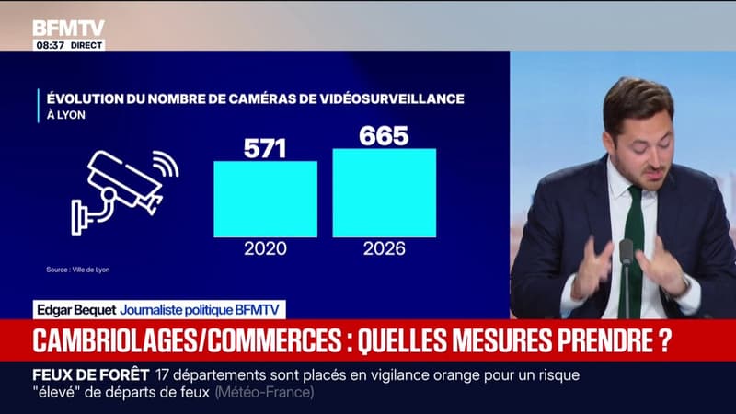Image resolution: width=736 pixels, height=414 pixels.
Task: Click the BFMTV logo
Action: (x=68, y=29)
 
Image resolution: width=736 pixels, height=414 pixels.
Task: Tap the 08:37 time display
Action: (x=51, y=45)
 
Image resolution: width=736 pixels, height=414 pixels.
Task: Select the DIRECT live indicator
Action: (x=86, y=45)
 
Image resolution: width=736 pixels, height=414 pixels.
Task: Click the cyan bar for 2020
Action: (x=265, y=199)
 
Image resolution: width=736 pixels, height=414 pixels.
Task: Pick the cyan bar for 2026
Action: (x=385, y=193)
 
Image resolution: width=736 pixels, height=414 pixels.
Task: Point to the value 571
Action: (x=265, y=149)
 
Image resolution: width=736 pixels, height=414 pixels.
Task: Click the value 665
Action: (x=384, y=136)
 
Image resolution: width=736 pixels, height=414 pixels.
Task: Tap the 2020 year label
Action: (x=265, y=248)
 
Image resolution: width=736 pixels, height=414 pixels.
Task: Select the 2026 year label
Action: (x=384, y=248)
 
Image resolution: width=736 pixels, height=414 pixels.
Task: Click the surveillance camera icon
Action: (x=123, y=190)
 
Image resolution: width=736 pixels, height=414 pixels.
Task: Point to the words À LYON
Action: (x=66, y=115)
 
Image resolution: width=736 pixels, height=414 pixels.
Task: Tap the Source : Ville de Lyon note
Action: (x=78, y=270)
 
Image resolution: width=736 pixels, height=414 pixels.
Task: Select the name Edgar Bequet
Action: (x=76, y=310)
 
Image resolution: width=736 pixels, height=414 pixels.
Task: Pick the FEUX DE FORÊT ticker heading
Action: (x=90, y=375)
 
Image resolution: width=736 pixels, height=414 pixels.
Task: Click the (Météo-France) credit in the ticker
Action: (x=265, y=393)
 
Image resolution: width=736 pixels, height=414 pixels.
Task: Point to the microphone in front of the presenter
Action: (x=627, y=277)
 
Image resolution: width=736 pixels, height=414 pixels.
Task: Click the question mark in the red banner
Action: (x=664, y=340)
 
